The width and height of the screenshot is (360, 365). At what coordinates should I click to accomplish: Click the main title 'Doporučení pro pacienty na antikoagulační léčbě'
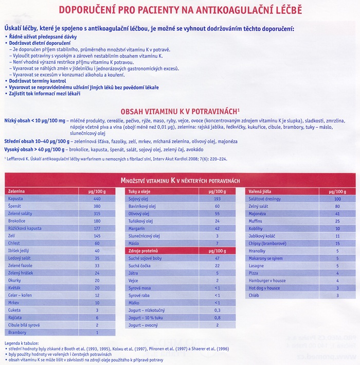click(180, 10)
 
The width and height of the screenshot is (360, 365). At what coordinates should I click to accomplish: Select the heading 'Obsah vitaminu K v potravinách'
click(179, 111)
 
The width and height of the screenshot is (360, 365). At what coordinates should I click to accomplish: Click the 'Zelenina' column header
click(18, 191)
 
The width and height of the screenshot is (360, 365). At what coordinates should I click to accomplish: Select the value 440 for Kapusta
click(97, 198)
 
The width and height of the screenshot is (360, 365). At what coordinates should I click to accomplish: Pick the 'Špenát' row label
click(15, 205)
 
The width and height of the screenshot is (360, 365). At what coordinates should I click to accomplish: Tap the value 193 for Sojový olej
click(217, 198)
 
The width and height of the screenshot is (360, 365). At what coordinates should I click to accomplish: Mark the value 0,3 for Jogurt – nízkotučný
click(217, 310)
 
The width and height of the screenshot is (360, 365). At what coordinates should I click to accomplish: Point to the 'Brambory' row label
click(17, 333)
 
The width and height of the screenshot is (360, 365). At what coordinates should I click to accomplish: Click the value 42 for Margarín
click(217, 228)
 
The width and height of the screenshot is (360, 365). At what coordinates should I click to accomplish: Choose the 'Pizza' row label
click(255, 273)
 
